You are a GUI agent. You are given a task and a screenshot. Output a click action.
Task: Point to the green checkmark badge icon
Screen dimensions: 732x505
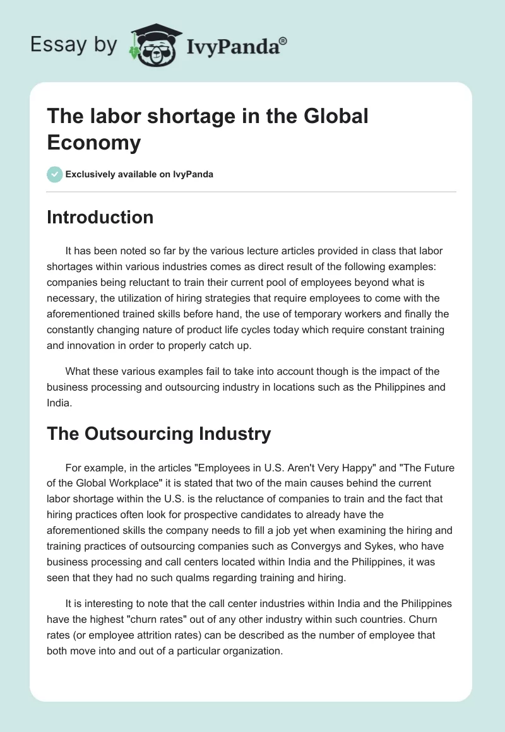(55, 174)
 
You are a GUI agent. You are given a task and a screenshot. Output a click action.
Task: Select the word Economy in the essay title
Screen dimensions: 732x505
(94, 142)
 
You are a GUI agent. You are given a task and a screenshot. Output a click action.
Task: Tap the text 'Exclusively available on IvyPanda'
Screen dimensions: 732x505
(140, 174)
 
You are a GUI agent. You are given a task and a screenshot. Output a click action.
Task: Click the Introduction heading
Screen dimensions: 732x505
(100, 217)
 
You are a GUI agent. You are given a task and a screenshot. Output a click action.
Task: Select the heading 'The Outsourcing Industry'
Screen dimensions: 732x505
(158, 434)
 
